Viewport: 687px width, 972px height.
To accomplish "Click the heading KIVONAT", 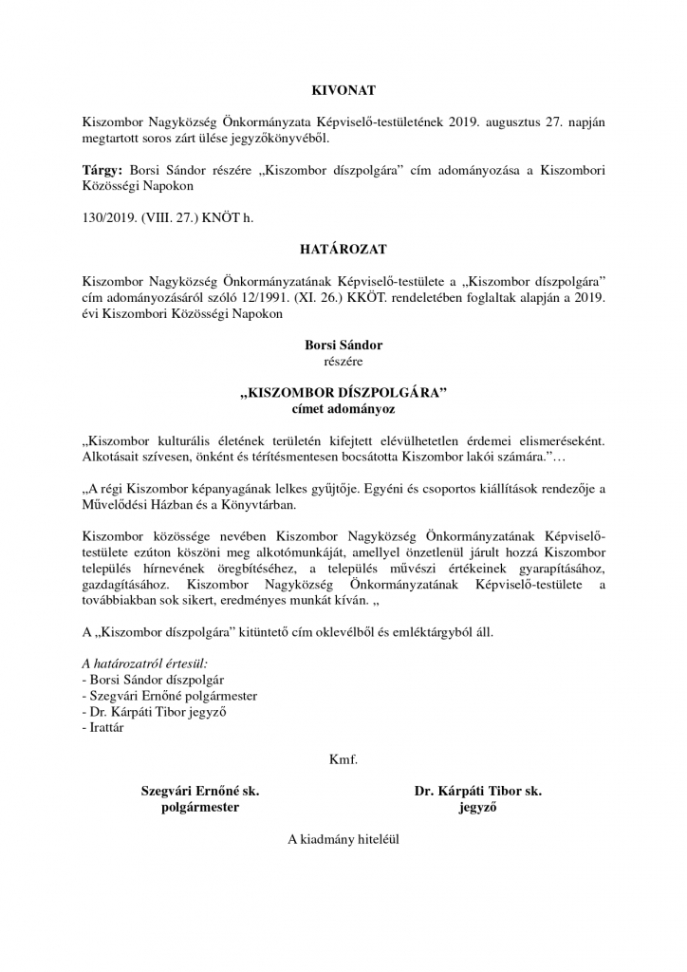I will point(343,90).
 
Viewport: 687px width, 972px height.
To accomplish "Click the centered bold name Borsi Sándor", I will point(343,346).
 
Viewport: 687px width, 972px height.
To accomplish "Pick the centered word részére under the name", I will point(343,361).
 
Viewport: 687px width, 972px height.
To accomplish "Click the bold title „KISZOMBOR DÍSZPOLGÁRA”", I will point(343,393).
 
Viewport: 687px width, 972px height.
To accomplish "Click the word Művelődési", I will point(118,505).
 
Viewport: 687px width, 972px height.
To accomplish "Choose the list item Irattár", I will point(106,728).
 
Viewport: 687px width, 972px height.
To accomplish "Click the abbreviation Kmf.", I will point(343,759).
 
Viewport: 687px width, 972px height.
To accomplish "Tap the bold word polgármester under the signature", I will point(199,807).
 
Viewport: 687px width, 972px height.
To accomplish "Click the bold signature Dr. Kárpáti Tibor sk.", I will point(477,791).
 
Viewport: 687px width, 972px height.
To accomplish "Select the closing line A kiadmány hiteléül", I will point(343,839).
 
